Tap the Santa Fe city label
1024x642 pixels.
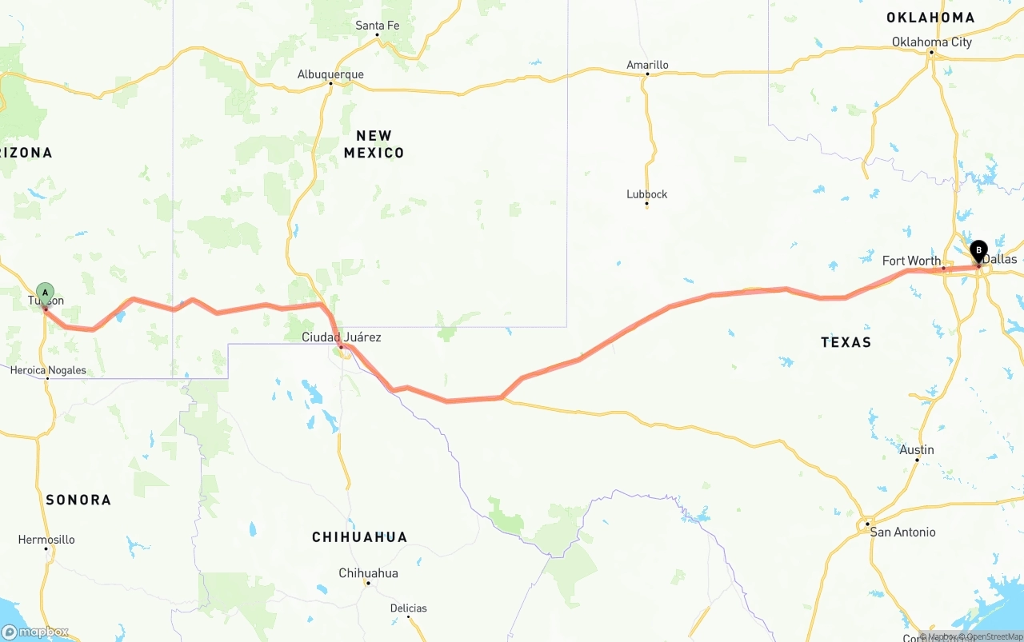tap(377, 26)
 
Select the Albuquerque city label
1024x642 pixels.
tap(330, 74)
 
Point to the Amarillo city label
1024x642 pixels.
tap(647, 65)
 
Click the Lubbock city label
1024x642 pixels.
tap(646, 194)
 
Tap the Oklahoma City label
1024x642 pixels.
tap(932, 42)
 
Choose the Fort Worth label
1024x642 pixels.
tap(911, 261)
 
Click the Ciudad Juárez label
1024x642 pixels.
tap(341, 337)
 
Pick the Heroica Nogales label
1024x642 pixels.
tap(48, 370)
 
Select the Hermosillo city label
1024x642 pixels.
tap(46, 540)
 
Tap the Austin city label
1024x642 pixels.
tap(917, 449)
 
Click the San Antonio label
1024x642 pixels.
tap(902, 532)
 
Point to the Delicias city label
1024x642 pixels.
tap(408, 608)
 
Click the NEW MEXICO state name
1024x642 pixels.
tap(374, 144)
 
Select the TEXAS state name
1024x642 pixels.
tap(846, 342)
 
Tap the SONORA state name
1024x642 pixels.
tap(78, 500)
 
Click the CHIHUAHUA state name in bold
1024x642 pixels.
tap(359, 537)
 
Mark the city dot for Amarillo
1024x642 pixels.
tap(647, 74)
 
